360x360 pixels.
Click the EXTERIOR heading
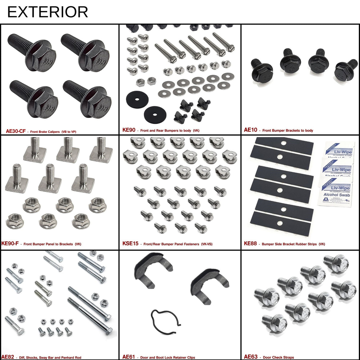(x=47, y=12)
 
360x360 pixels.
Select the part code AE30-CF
(x=16, y=131)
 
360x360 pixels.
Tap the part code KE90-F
(x=10, y=243)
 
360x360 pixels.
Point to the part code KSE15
(x=130, y=243)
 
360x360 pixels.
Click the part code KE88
(x=250, y=243)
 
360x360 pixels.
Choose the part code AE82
(x=7, y=357)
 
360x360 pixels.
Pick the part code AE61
(x=128, y=357)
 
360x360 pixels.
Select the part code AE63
(x=251, y=357)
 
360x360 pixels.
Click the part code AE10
(x=251, y=130)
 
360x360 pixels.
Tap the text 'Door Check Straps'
(x=278, y=357)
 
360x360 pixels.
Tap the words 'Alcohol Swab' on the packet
(x=337, y=195)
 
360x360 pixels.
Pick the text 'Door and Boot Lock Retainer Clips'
(x=168, y=357)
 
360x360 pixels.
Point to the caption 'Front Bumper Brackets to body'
(x=288, y=130)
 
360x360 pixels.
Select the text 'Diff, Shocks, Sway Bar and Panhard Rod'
(x=50, y=358)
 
